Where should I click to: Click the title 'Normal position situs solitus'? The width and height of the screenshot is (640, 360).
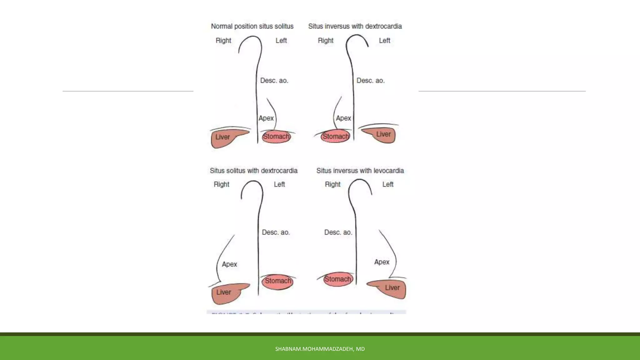click(x=252, y=26)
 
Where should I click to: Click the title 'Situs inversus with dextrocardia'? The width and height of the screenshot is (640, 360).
click(x=355, y=26)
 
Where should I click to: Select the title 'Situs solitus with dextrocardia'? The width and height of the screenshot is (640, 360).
click(x=253, y=171)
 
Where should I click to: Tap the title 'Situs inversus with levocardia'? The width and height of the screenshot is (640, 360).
click(x=360, y=171)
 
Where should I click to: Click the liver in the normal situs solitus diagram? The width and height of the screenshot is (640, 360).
click(x=223, y=138)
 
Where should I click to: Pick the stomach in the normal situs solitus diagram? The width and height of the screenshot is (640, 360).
click(x=276, y=137)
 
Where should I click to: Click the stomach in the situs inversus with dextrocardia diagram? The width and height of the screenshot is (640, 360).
click(x=335, y=137)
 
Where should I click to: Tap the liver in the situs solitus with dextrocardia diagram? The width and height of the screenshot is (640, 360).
click(x=225, y=293)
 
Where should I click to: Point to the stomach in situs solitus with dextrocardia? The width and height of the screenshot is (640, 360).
click(x=278, y=281)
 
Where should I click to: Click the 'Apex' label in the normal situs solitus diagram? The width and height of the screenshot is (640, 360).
click(x=266, y=118)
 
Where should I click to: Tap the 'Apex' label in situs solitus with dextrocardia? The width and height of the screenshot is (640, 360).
click(x=229, y=264)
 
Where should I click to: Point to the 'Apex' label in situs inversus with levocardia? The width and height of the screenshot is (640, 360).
click(x=382, y=262)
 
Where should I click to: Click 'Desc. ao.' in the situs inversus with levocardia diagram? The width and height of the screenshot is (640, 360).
click(x=338, y=232)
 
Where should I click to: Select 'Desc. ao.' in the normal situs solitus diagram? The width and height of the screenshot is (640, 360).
click(x=274, y=81)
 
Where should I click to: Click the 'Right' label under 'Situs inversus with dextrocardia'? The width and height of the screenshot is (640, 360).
click(x=326, y=41)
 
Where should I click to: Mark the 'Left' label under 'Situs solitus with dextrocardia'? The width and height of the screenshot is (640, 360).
click(x=279, y=184)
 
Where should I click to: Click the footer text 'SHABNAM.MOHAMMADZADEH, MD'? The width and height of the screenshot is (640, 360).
click(x=320, y=349)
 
